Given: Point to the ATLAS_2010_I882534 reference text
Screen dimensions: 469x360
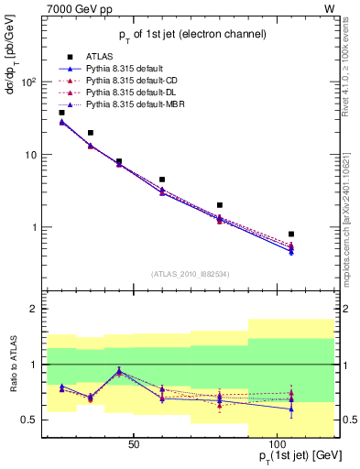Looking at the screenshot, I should point(191,275).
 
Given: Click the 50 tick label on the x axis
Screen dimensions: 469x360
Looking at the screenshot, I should point(134,444).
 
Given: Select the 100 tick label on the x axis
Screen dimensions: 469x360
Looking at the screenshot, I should point(276,444).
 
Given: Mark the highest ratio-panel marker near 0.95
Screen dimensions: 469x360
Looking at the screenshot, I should point(119,370).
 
